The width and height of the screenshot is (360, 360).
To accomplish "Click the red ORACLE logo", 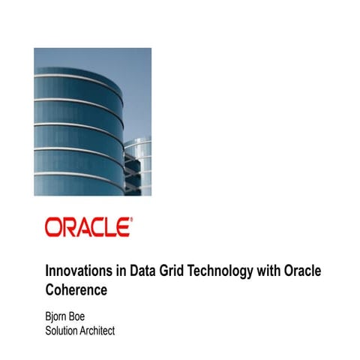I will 88,227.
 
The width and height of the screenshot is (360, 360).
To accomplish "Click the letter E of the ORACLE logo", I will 124,227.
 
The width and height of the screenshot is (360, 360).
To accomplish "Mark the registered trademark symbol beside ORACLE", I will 132,220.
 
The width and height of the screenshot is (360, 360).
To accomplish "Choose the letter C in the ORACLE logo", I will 96,227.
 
